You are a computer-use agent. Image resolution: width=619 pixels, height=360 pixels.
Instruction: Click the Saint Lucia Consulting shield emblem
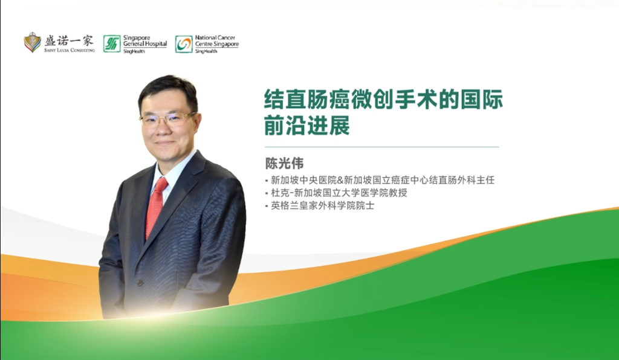(32, 42)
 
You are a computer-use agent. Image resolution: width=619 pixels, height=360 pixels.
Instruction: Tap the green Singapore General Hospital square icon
(112, 43)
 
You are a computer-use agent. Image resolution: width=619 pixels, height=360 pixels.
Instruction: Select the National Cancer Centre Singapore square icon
(184, 43)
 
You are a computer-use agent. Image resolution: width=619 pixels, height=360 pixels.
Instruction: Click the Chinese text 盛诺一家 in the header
(69, 40)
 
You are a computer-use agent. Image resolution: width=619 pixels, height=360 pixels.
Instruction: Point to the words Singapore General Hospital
(144, 41)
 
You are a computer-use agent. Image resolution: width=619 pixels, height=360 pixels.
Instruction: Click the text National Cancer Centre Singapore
(216, 41)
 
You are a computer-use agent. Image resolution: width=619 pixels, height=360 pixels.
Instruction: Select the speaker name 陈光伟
(284, 164)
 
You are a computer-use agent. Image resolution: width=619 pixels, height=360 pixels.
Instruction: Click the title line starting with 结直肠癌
(384, 99)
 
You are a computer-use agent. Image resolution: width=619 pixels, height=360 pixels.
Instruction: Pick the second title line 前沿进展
(308, 127)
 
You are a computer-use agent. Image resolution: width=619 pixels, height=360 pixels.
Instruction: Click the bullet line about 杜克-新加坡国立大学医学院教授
(339, 193)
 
